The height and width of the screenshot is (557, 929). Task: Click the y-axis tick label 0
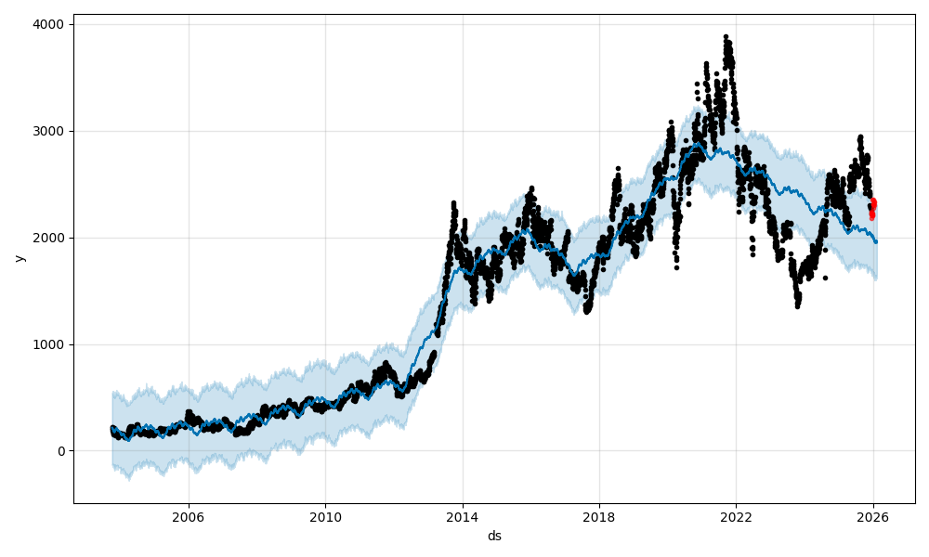61,451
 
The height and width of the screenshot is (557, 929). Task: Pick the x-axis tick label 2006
189,517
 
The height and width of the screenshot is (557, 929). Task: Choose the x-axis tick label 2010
325,517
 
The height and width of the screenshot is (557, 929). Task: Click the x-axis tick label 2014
462,517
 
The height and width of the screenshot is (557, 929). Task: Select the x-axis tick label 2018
599,517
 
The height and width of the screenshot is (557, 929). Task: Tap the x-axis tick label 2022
736,517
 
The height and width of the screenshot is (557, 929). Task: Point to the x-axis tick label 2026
873,517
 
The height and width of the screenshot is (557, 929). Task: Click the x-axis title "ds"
494,536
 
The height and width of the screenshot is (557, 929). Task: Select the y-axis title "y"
20,258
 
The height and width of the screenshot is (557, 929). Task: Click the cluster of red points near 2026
872,209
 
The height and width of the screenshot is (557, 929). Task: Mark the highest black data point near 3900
726,36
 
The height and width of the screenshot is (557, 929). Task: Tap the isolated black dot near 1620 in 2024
825,278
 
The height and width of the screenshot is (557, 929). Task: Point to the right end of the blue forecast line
876,242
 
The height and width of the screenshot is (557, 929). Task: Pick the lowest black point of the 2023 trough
797,305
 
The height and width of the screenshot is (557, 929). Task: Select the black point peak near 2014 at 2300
453,202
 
